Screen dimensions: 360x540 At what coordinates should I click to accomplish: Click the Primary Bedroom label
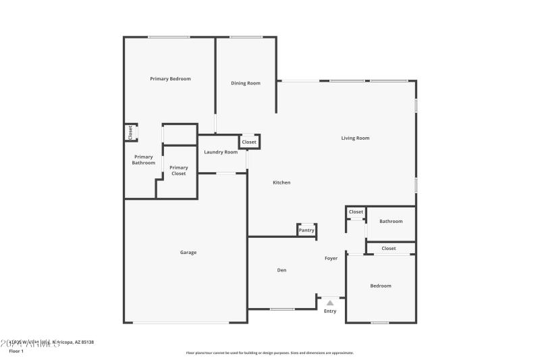170,79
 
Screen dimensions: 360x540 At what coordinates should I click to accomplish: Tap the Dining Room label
246,83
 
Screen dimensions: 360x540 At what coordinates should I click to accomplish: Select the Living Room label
355,138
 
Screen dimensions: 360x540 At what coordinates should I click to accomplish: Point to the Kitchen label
281,183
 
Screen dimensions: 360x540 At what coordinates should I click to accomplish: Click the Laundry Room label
221,152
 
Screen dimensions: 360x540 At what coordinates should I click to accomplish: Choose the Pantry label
306,230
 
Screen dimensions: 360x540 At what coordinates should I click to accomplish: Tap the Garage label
188,253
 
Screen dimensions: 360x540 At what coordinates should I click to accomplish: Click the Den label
282,270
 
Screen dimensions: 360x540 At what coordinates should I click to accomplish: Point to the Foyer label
331,258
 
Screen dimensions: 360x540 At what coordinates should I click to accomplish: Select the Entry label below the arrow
330,311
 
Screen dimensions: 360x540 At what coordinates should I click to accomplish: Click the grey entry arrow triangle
330,303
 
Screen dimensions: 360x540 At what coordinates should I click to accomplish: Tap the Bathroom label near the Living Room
391,222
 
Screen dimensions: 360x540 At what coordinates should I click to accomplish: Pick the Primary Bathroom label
143,160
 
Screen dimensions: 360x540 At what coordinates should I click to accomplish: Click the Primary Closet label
178,170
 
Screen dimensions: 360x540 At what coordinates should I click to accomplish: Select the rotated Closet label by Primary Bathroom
131,132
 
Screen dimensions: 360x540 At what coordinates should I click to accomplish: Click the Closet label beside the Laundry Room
249,142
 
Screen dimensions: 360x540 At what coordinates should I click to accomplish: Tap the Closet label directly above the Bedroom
389,249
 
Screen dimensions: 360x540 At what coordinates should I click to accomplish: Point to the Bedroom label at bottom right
381,286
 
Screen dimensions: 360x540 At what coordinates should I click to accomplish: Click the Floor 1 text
16,351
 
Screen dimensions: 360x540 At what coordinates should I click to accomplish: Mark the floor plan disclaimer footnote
270,353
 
